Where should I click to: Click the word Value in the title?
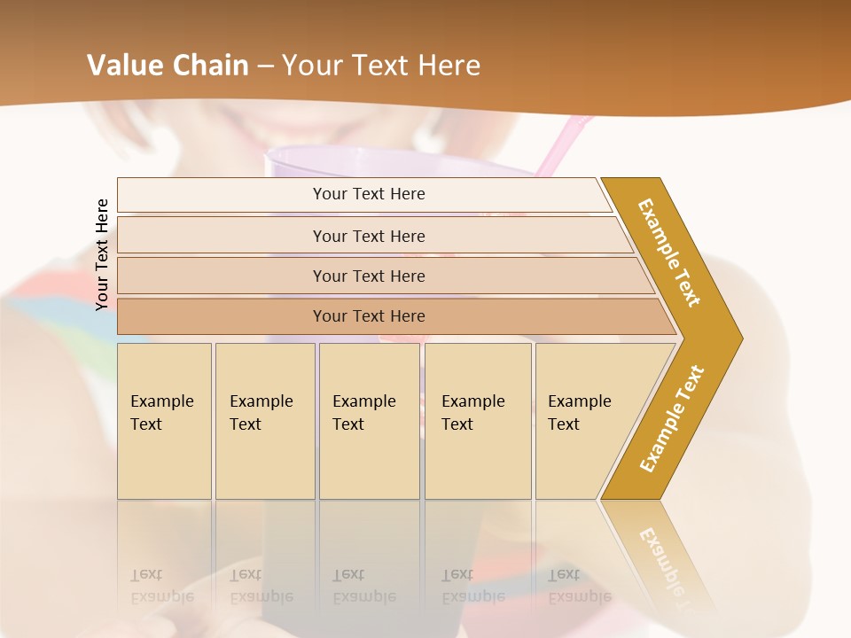(122, 66)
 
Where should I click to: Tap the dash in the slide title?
(265, 66)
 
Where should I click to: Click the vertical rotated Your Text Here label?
(102, 254)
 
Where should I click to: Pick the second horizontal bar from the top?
(369, 236)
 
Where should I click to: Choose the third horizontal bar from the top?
(369, 276)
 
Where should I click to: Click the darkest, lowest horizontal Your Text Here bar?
(369, 316)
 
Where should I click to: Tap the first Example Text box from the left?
(164, 420)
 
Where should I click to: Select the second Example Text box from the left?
(264, 420)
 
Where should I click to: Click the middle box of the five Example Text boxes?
(369, 420)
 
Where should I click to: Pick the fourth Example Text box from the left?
(477, 420)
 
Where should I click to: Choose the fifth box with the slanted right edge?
(585, 420)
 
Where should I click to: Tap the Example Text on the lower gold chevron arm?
(671, 418)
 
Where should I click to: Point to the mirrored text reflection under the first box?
(162, 586)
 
